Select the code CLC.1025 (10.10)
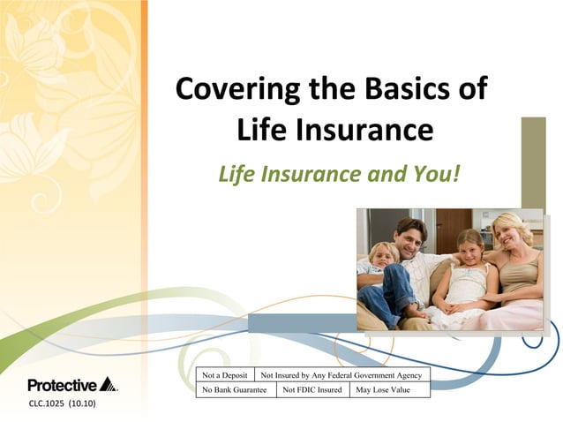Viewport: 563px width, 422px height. (x=62, y=404)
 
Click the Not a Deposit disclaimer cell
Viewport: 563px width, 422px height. (x=225, y=374)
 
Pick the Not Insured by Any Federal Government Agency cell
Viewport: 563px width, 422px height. (x=342, y=374)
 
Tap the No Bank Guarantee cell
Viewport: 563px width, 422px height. (x=235, y=389)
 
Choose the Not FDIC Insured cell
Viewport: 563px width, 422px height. (x=312, y=389)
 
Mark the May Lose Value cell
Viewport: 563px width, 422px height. (x=388, y=389)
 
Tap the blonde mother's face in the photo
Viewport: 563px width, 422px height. (x=512, y=231)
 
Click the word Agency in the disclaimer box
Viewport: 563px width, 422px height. (x=407, y=374)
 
